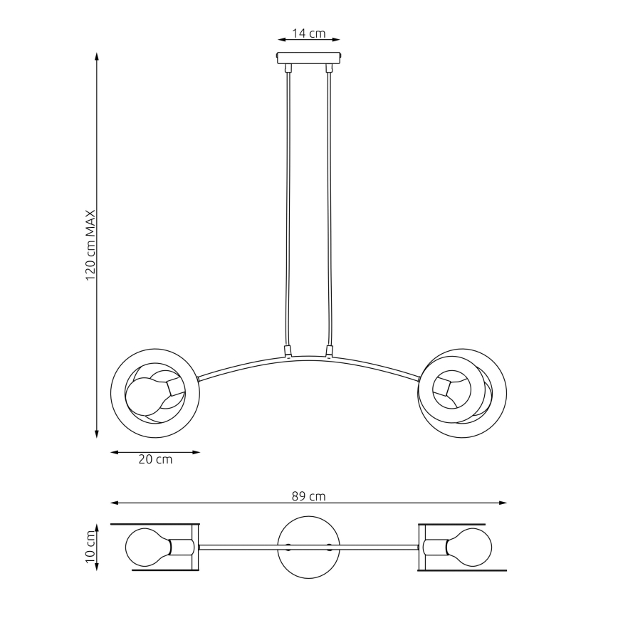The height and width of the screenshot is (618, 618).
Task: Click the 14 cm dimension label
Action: coord(308,33)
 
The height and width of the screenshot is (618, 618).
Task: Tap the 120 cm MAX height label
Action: coord(91,245)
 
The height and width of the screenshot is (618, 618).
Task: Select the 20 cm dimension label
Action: coord(155,459)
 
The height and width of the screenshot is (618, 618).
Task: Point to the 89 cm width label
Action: coord(308,496)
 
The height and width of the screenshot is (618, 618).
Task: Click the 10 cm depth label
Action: coord(91,547)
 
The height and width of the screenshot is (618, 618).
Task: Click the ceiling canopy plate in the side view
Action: coord(308,58)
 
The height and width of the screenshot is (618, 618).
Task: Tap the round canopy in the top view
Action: coord(308,548)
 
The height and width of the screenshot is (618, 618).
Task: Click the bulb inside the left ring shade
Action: coord(150,395)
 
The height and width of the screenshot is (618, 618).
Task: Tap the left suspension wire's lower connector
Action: coord(288,350)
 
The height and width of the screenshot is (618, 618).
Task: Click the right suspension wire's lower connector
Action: coord(330,350)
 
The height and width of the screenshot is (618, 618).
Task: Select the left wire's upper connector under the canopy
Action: coord(288,68)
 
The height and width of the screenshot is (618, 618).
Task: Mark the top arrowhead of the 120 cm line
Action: coord(97,56)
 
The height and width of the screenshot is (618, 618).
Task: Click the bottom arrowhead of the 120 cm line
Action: coord(97,434)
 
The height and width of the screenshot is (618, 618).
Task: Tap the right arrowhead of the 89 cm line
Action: coord(503,503)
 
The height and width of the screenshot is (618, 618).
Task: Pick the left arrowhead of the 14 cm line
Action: coord(281,39)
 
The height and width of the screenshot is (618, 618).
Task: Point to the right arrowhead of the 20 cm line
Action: coord(197,453)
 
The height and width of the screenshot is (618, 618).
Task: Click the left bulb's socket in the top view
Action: coord(182,547)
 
